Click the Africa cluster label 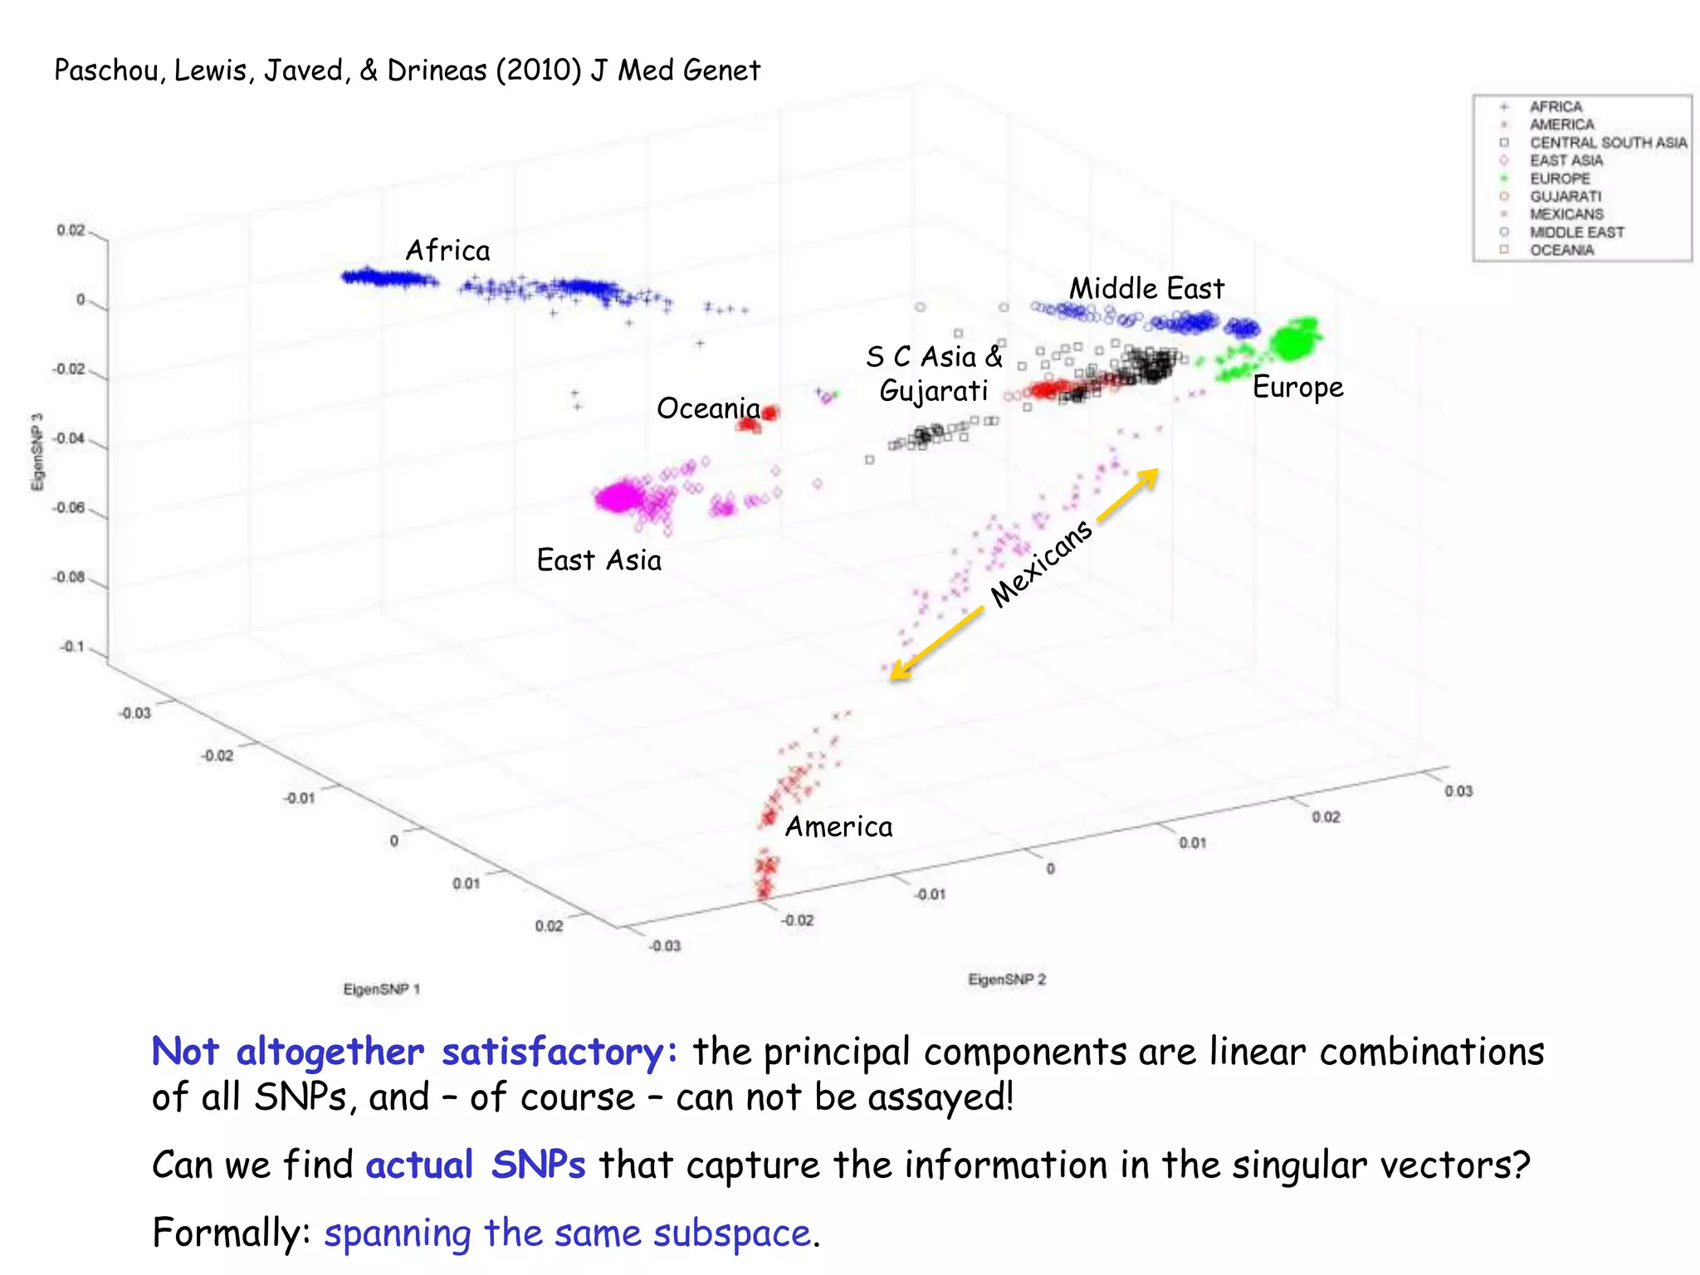447,250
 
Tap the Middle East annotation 1146,288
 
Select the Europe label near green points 1297,387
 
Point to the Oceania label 708,408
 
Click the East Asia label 598,559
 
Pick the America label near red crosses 838,826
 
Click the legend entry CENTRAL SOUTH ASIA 1607,143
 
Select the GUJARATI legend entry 1565,197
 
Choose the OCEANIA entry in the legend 1561,250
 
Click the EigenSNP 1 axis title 382,989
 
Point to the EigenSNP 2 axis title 1007,979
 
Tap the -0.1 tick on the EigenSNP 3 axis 72,646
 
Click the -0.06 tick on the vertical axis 69,507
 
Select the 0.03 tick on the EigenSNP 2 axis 1458,791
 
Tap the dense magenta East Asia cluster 618,498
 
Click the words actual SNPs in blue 475,1164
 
